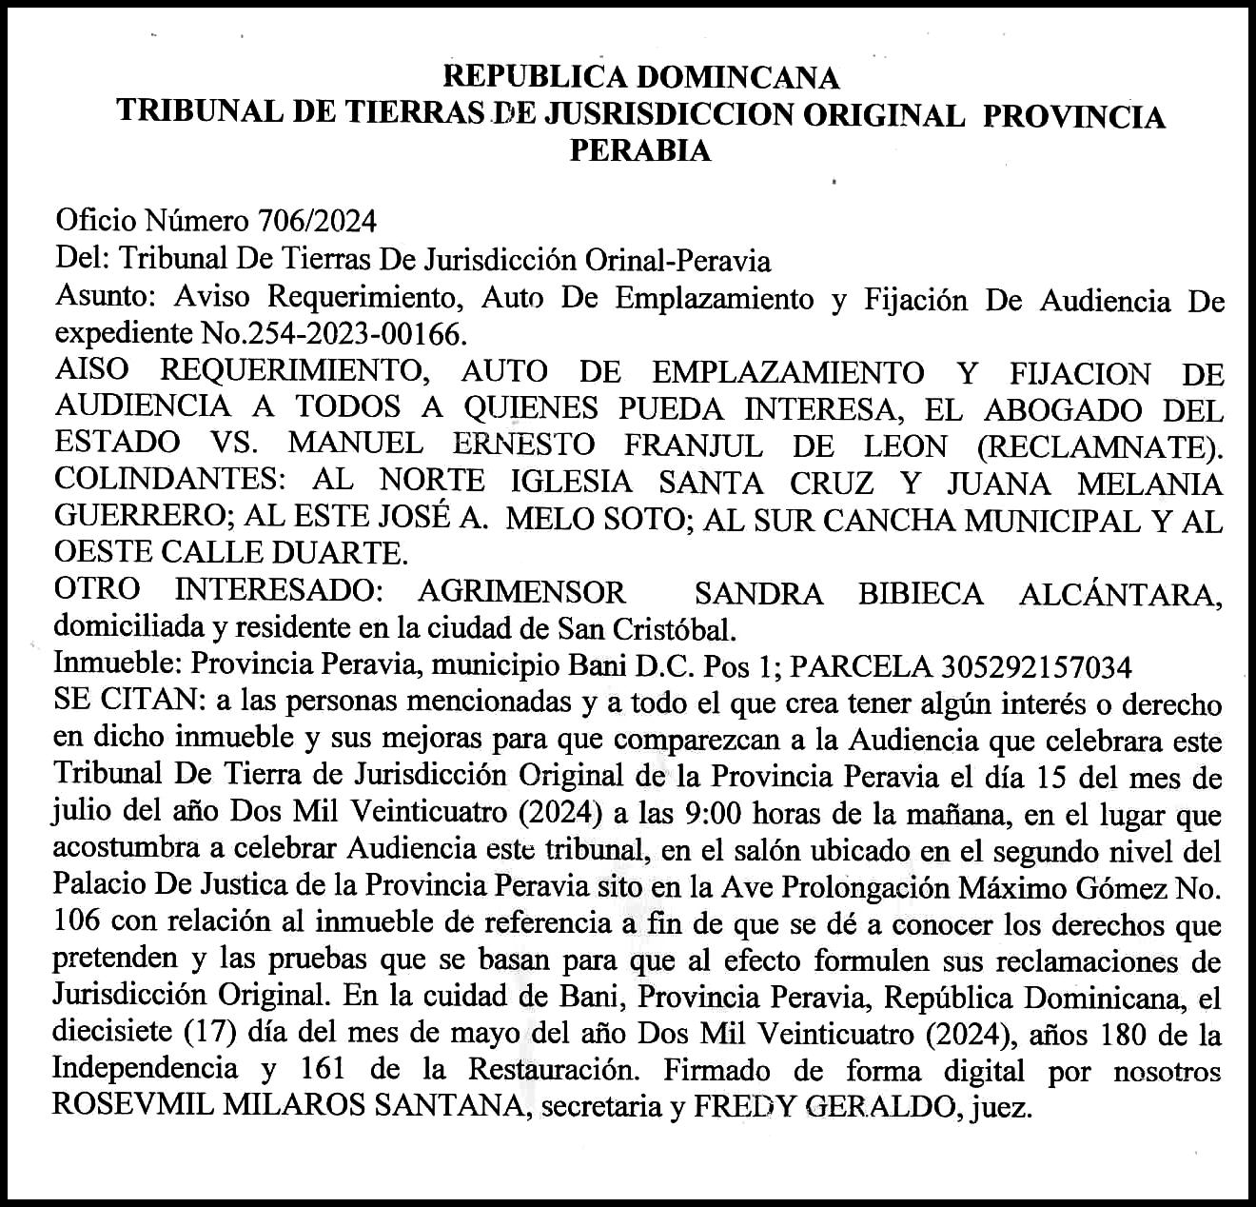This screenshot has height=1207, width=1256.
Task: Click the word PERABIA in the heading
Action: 639,150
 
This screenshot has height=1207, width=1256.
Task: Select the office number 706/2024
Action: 317,222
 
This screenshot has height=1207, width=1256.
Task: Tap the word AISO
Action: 92,370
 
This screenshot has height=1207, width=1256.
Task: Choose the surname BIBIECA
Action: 920,593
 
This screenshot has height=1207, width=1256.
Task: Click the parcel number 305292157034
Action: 1035,666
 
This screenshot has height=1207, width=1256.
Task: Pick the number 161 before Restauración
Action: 321,1070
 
